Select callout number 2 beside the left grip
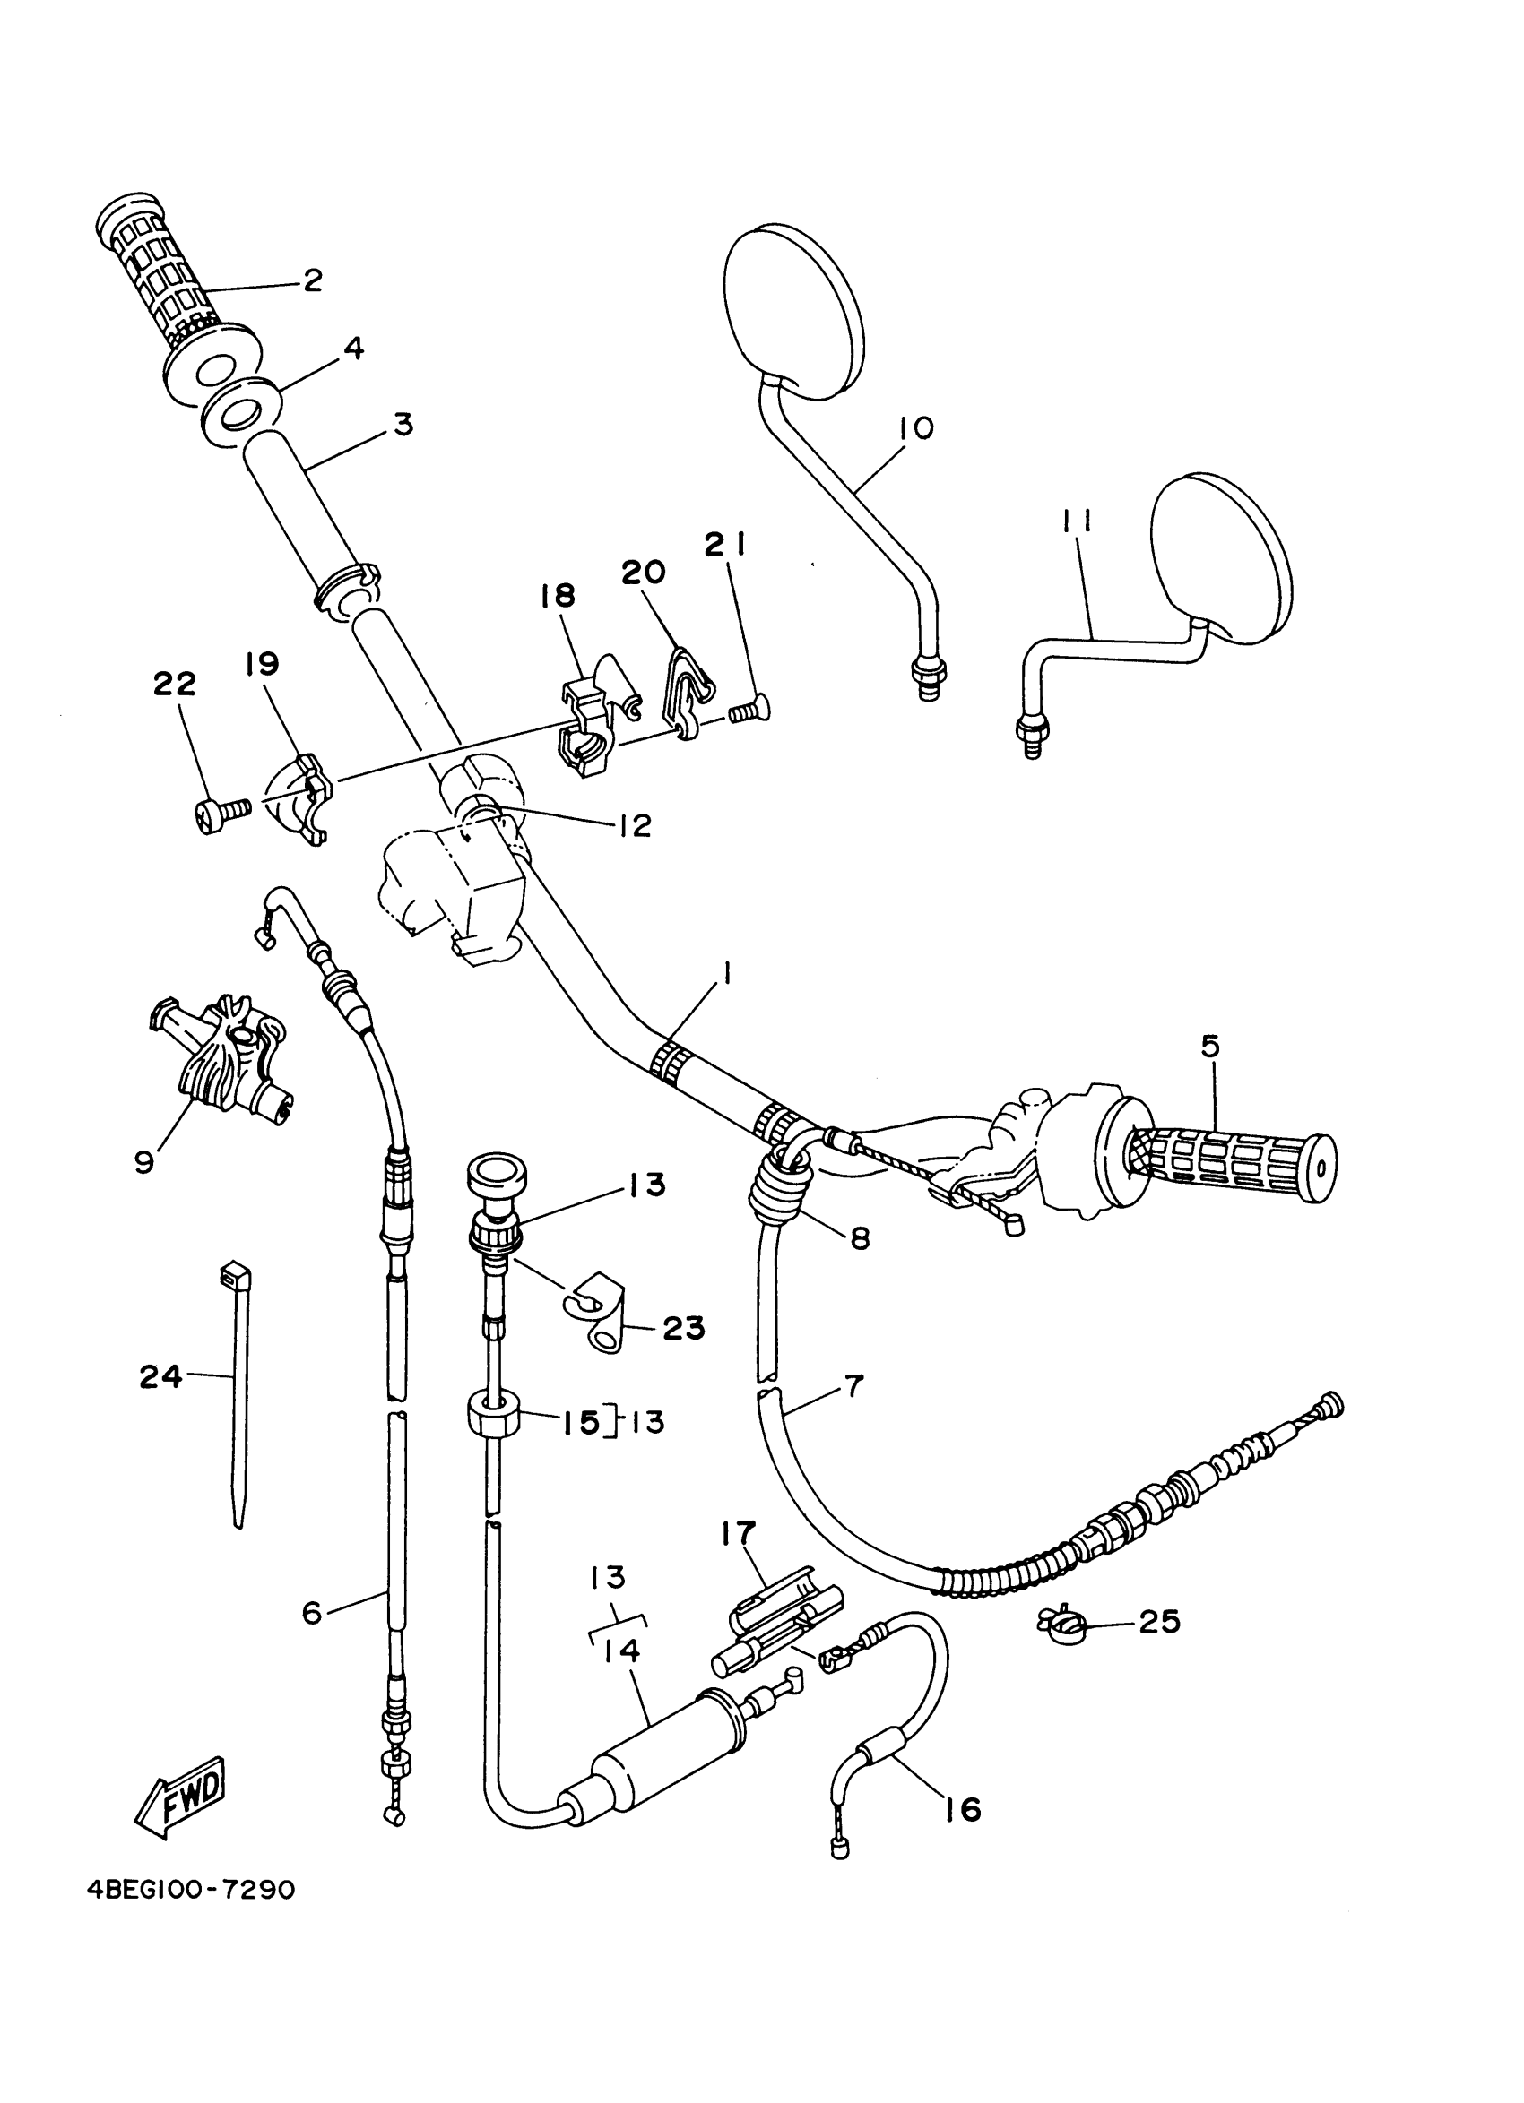click(313, 280)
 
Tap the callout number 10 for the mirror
click(915, 428)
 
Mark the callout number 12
click(636, 824)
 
